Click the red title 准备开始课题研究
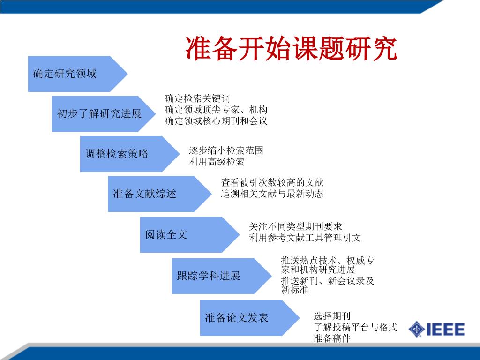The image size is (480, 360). click(x=292, y=49)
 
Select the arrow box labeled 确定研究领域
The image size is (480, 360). click(x=70, y=74)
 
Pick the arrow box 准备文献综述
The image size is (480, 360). click(x=150, y=194)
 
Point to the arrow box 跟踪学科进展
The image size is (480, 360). click(x=213, y=276)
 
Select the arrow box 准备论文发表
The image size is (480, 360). click(x=241, y=318)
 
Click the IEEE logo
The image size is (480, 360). click(x=436, y=329)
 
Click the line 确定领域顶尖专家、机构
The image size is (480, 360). click(x=216, y=110)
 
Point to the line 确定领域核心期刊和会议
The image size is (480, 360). click(x=216, y=120)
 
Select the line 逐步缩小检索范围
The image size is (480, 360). click(x=226, y=150)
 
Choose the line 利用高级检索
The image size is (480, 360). click(x=217, y=162)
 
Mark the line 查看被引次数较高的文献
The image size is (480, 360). click(x=272, y=182)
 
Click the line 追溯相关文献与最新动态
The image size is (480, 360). click(x=272, y=194)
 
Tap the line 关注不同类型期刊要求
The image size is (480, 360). click(x=296, y=226)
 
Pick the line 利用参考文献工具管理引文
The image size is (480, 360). click(x=305, y=238)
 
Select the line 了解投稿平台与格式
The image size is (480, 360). click(x=355, y=327)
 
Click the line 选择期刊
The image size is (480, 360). click(x=332, y=316)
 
